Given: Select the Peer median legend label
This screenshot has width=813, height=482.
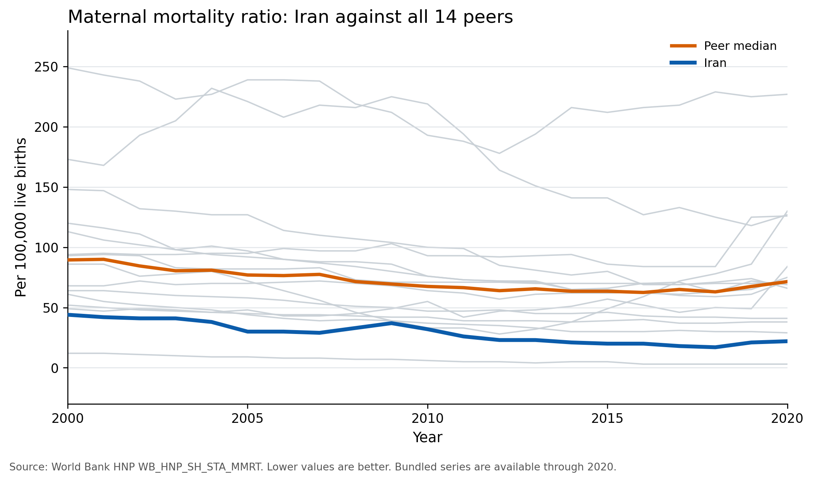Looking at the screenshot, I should pos(740,46).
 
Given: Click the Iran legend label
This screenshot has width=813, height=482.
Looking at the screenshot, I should pos(715,63).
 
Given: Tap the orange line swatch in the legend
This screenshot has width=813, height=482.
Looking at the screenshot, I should pos(683,46).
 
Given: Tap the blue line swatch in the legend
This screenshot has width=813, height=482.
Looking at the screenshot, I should pos(683,63).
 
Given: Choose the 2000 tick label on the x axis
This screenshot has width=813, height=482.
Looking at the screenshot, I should pos(68,418).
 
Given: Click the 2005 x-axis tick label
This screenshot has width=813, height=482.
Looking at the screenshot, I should pos(247,418).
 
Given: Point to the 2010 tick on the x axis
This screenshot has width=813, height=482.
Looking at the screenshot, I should pos(428,418).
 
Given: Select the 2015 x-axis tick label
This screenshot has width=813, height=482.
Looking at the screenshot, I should pos(607,418).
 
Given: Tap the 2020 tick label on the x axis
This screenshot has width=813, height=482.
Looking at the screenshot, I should pos(787,418).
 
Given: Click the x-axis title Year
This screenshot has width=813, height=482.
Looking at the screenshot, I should pos(428,438).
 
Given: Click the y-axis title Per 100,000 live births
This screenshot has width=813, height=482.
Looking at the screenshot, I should pos(21,217).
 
